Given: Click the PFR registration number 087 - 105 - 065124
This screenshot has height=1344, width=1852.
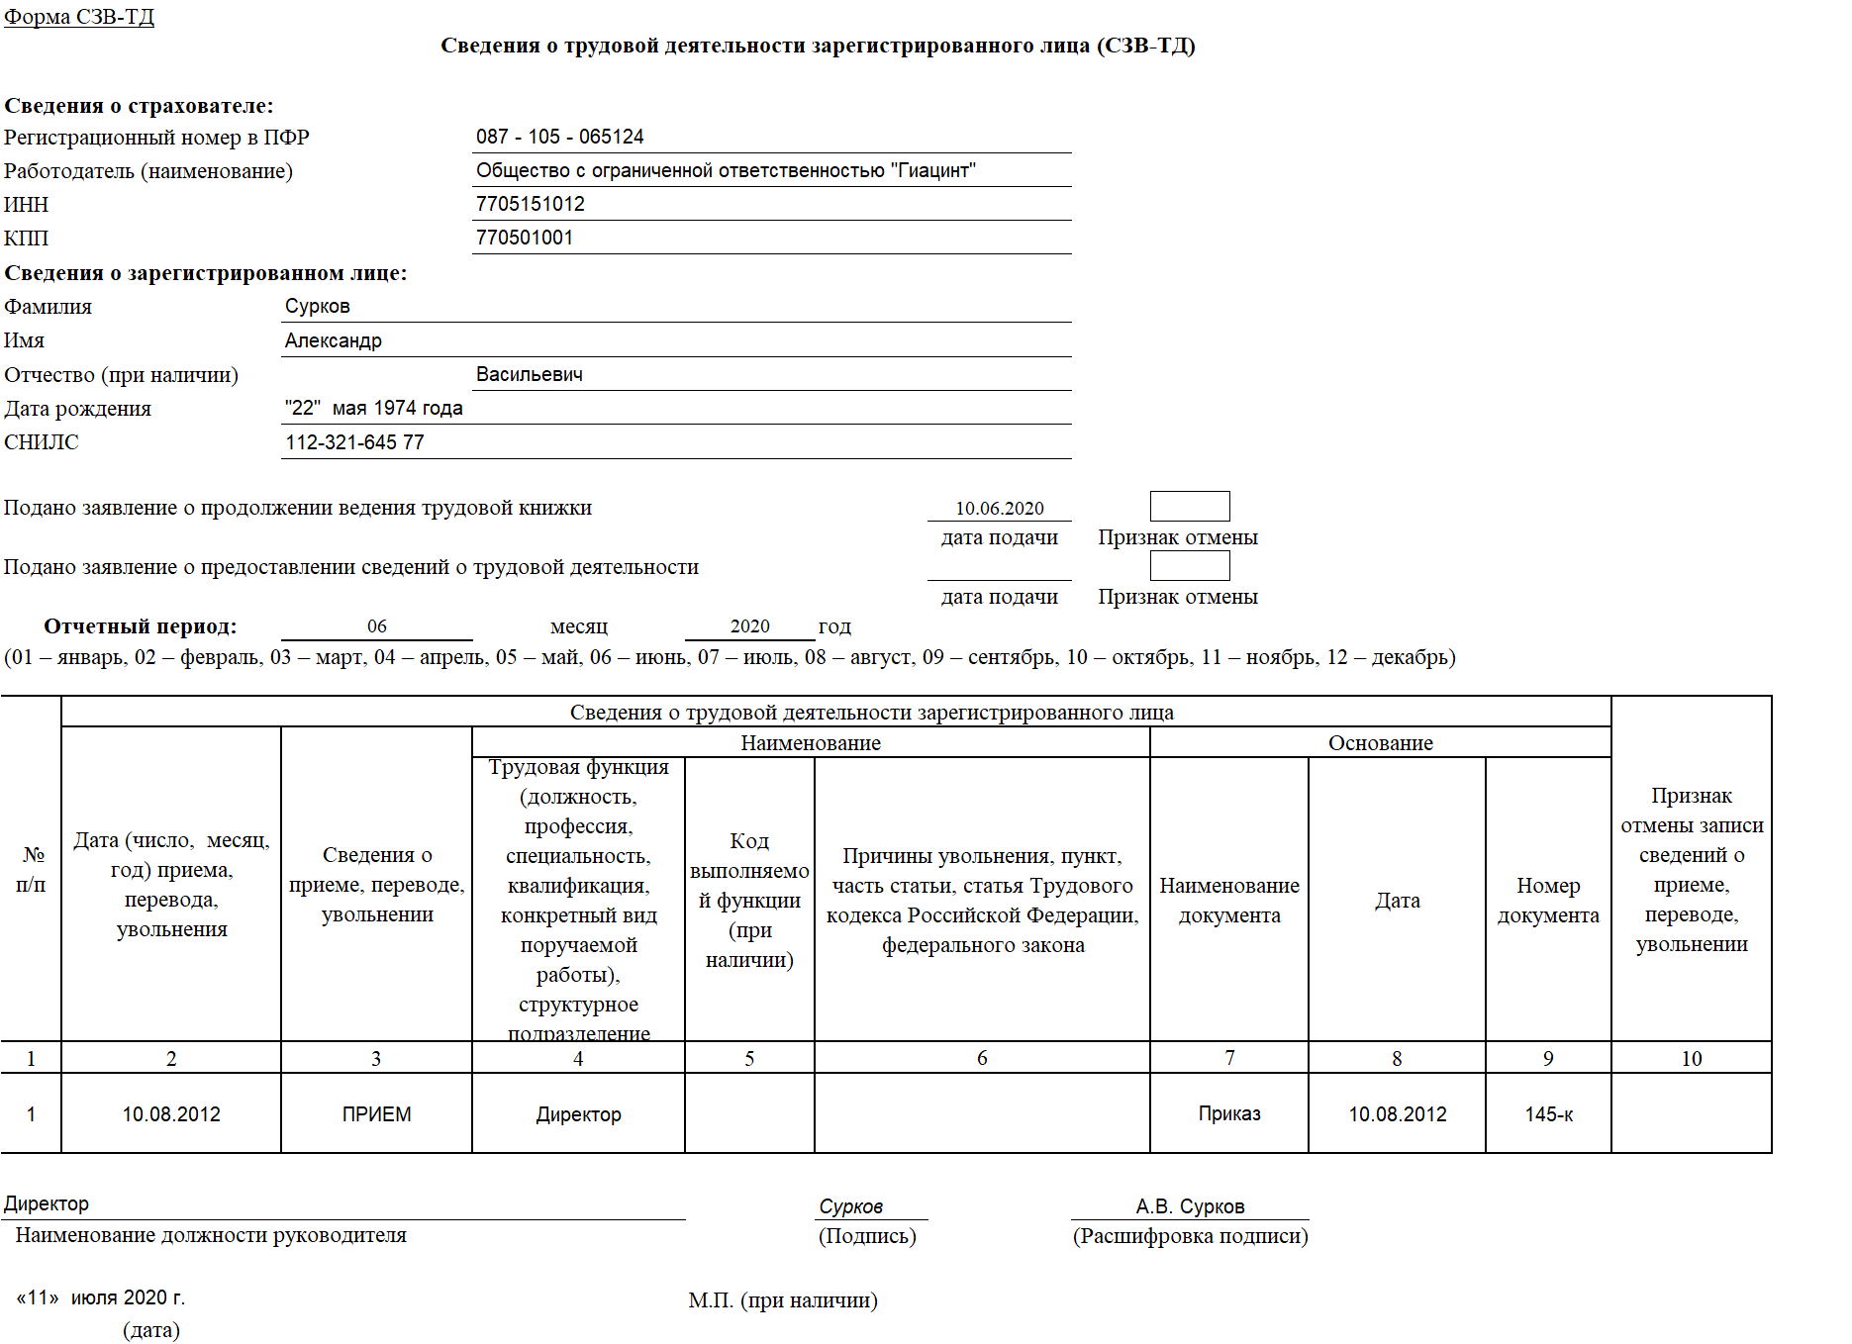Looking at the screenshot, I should click(559, 137).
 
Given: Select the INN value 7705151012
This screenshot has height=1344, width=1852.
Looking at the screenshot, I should click(530, 204).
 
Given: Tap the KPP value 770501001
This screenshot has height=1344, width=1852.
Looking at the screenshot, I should click(524, 238).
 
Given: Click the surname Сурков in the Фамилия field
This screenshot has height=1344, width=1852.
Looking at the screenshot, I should click(317, 306).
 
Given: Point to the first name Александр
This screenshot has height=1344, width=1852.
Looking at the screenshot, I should click(333, 340).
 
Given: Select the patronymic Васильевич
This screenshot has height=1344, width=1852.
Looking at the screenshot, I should click(529, 374).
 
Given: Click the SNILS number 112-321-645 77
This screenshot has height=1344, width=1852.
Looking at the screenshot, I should click(354, 442).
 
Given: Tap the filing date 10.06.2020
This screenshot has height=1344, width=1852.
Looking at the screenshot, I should click(999, 508).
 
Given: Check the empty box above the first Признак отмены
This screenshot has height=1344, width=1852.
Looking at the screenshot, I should click(1189, 506).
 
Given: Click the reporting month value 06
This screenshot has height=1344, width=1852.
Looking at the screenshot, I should click(376, 625).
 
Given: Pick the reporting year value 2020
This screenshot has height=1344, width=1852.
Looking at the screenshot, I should click(749, 625).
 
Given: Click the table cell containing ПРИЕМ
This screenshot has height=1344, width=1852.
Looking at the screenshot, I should click(376, 1114).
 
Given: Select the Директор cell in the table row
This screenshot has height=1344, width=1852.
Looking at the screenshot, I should click(578, 1114).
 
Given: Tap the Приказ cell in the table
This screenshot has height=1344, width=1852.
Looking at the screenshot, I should click(1228, 1113).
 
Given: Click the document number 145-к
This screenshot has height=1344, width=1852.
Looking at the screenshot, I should click(1548, 1114).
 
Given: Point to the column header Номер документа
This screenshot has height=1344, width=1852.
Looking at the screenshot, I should click(1548, 900).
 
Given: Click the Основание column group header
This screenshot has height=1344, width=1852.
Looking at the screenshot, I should click(1380, 742).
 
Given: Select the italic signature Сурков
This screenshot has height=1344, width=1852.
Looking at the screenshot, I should click(850, 1205).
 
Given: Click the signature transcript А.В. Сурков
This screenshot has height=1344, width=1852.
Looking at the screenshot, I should click(1190, 1205).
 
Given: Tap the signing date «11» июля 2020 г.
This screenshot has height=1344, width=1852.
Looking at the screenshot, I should click(101, 1297).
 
